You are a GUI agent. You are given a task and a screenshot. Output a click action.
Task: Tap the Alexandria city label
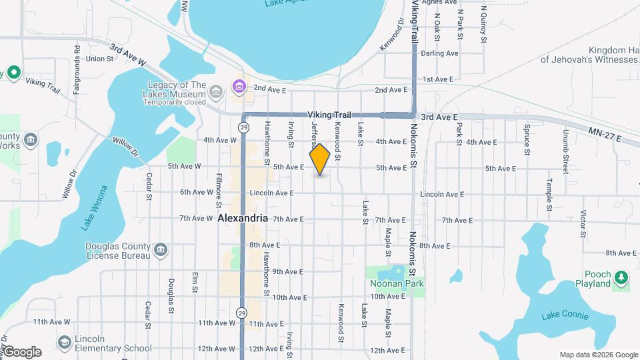pos(243,218)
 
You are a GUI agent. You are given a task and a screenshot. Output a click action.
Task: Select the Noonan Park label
pos(397,283)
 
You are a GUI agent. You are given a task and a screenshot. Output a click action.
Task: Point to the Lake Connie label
pos(565,315)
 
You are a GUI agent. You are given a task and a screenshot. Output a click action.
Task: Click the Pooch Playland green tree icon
pos(621,277)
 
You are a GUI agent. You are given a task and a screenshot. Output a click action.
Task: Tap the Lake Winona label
pos(95,208)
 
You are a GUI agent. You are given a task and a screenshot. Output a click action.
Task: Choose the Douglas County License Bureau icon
pos(160,250)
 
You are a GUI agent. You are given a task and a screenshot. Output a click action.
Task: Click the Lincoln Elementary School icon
pos(64,341)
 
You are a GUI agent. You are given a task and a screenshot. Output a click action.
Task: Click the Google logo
pos(21,351)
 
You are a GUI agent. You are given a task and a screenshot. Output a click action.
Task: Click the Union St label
pos(100,58)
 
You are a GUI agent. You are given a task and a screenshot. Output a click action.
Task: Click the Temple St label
pos(549,194)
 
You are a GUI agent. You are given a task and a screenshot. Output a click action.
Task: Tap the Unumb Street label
pos(565,156)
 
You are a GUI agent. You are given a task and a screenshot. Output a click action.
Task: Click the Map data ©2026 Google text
pos(599,355)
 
